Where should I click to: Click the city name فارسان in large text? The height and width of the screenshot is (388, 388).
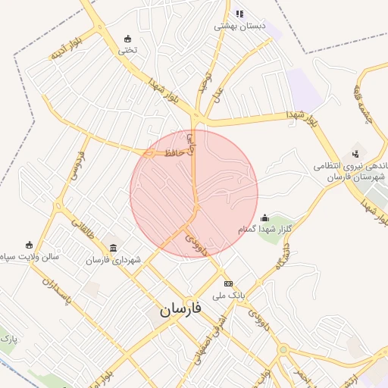[182, 310]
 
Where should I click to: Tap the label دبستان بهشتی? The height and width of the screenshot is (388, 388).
[240, 26]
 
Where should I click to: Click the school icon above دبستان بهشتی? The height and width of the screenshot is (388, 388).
[239, 14]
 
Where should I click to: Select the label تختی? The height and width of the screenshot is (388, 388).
[126, 51]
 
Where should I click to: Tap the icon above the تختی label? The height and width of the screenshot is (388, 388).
[127, 39]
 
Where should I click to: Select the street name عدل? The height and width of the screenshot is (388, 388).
[217, 95]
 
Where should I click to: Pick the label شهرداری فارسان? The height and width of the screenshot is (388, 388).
[113, 260]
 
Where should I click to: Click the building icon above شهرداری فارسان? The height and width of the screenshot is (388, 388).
[114, 248]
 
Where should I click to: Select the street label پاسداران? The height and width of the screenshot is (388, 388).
[56, 292]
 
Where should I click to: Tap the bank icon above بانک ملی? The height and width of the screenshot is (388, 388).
[228, 283]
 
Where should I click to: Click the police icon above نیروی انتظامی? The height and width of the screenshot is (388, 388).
[355, 153]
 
